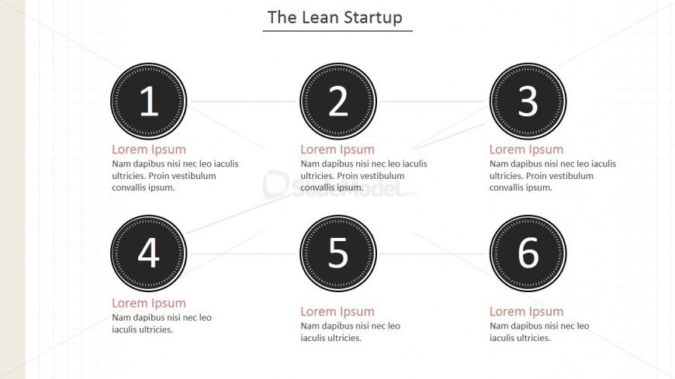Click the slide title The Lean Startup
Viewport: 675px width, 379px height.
pyautogui.click(x=335, y=17)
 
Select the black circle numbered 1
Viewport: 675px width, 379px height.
pyautogui.click(x=149, y=102)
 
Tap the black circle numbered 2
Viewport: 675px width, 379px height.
pyautogui.click(x=338, y=102)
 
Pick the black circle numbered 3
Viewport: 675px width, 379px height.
pyautogui.click(x=528, y=102)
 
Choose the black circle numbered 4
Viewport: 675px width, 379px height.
pyautogui.click(x=149, y=253)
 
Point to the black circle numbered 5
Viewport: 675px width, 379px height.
pyautogui.click(x=338, y=253)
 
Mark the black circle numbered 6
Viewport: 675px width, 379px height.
pyautogui.click(x=528, y=253)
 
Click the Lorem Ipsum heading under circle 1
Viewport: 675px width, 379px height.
pyautogui.click(x=149, y=150)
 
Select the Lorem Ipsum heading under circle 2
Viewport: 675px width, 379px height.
pyautogui.click(x=337, y=150)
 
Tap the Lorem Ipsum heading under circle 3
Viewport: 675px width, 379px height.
pyautogui.click(x=527, y=150)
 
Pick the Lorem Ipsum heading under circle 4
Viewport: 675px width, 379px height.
pyautogui.click(x=149, y=303)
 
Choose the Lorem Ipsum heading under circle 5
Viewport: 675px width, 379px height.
pyautogui.click(x=337, y=312)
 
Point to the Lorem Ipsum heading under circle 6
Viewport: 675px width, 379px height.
pyautogui.click(x=527, y=312)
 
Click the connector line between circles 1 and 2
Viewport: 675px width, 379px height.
pyautogui.click(x=244, y=102)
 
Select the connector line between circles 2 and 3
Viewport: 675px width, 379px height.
pyautogui.click(x=433, y=102)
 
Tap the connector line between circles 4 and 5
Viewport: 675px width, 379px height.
pyautogui.click(x=244, y=253)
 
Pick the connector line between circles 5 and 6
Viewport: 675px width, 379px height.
pyautogui.click(x=433, y=253)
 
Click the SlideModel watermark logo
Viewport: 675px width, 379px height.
pyautogui.click(x=340, y=185)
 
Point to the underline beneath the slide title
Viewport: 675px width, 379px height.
pyautogui.click(x=337, y=31)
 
